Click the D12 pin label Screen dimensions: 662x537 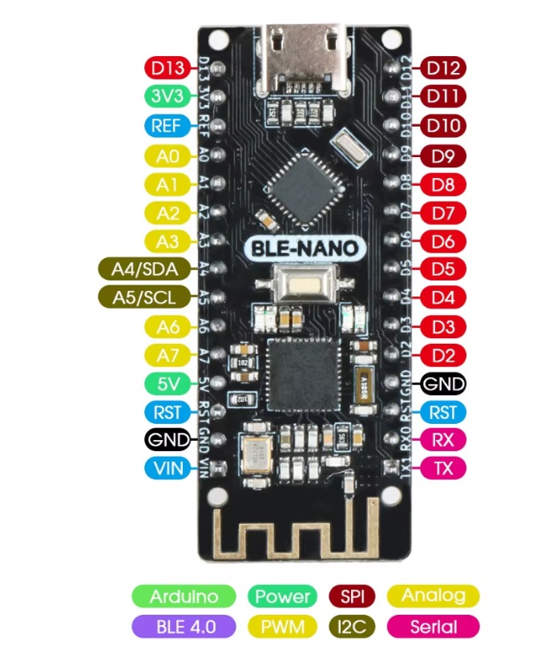(x=442, y=67)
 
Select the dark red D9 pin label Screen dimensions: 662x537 (x=442, y=155)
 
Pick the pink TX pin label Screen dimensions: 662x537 (x=442, y=467)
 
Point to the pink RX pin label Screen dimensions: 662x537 (x=442, y=439)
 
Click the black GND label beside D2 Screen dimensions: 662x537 (x=442, y=384)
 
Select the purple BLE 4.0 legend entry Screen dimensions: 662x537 (x=184, y=626)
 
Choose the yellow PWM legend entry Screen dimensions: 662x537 (x=282, y=626)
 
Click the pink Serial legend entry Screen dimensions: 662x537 (x=432, y=626)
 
